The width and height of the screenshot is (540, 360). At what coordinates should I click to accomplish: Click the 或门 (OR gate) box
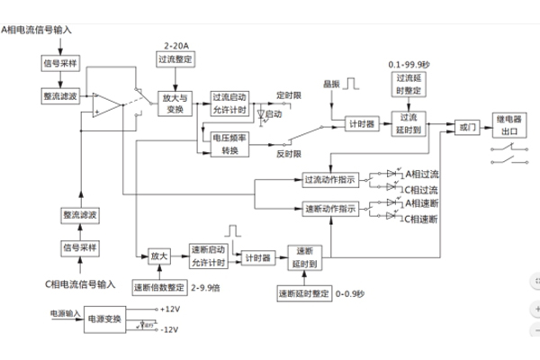466,129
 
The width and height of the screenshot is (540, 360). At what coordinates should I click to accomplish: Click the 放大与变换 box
173,103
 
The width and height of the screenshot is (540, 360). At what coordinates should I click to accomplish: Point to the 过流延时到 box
409,122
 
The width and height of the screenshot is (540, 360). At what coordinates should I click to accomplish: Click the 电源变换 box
103,319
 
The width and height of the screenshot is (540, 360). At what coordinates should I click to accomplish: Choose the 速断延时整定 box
303,293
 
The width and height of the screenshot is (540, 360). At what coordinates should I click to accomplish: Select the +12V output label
170,309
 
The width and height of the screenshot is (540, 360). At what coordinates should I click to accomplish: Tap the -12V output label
169,329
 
